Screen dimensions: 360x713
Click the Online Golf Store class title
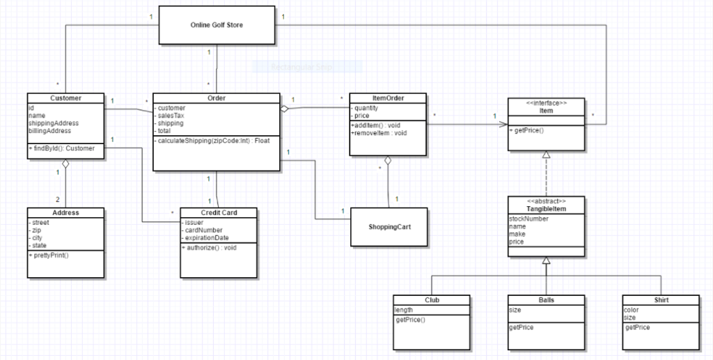(217, 25)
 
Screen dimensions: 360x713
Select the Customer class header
(65, 98)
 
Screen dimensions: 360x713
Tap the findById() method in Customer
(61, 148)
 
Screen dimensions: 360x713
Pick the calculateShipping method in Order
(214, 141)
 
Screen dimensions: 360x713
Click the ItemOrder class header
(387, 98)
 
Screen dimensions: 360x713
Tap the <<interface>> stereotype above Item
(546, 103)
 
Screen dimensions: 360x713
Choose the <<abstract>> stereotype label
(546, 201)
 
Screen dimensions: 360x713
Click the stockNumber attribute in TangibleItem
(528, 219)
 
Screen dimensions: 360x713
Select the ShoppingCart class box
(388, 227)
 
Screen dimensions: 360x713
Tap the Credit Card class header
(219, 212)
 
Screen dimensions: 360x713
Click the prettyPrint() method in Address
(50, 255)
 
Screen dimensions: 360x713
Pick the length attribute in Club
(404, 310)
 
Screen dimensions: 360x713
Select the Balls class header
(546, 300)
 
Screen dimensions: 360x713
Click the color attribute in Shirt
(631, 310)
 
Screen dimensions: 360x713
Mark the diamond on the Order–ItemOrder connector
(285, 109)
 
